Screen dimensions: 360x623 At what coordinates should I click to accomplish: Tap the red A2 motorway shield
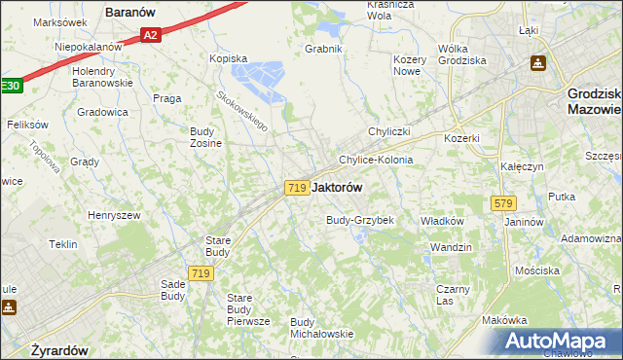pos(149,36)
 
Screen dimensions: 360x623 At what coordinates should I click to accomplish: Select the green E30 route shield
pos(9,86)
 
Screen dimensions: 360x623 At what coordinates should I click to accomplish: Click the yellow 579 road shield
pos(503,203)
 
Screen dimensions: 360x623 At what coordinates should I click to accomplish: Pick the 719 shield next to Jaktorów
pos(298,187)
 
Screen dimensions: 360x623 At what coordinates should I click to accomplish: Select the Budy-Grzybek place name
pos(359,220)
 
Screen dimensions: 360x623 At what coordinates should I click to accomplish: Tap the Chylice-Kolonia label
pos(376,160)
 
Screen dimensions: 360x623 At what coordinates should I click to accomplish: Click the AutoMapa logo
pos(556,342)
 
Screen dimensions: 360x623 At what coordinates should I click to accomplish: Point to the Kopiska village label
pos(229,58)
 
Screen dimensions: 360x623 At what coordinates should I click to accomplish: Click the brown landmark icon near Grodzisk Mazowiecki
pos(537,64)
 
